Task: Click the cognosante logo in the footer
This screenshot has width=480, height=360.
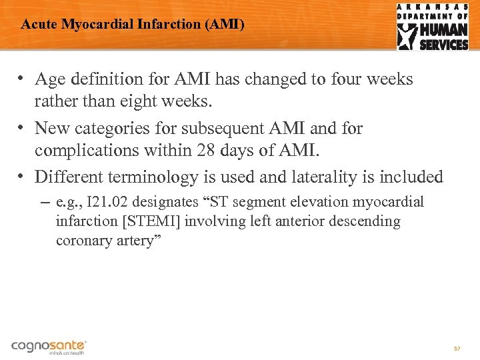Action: tap(49, 346)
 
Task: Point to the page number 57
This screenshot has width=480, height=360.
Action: tap(457, 349)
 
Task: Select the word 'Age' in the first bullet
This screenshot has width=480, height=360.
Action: tap(51, 79)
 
